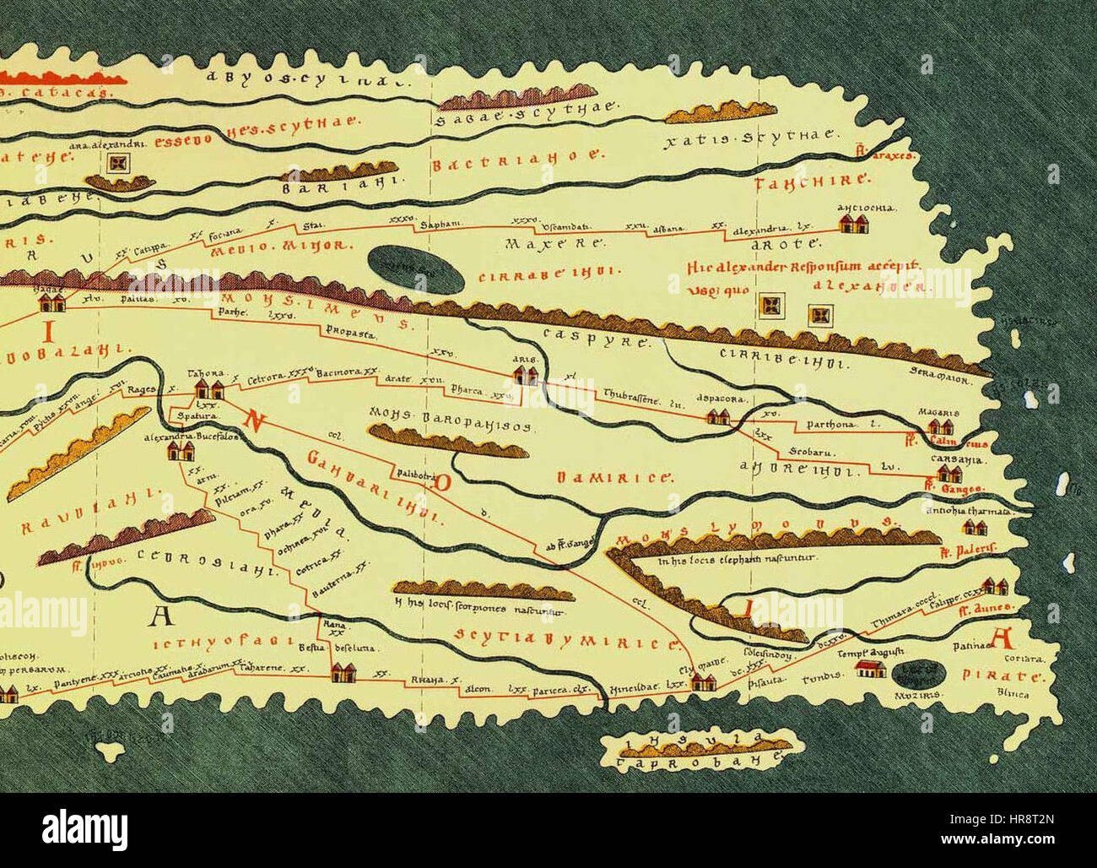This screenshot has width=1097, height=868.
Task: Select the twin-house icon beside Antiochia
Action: (x=855, y=224)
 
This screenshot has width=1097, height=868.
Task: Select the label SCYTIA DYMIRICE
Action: (x=567, y=638)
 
